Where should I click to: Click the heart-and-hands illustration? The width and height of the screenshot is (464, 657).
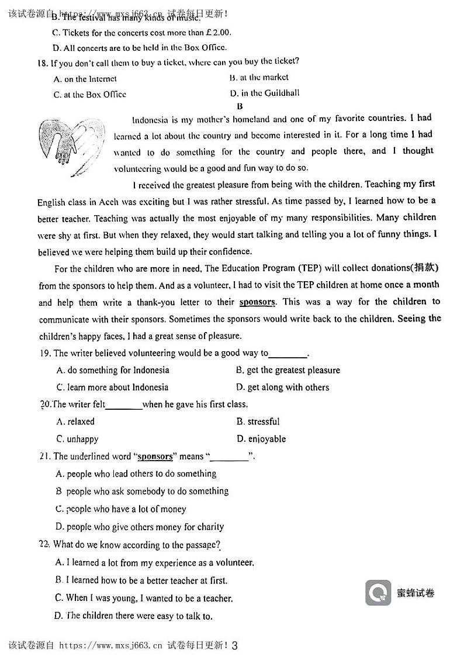tap(72, 146)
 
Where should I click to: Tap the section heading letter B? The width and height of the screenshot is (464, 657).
tap(240, 106)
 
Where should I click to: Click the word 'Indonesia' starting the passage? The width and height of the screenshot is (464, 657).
tap(151, 120)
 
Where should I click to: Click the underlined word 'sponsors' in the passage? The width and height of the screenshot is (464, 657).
tap(257, 302)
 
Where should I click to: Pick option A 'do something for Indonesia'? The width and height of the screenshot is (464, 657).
tap(113, 370)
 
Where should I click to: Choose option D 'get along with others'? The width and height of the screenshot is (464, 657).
tap(283, 387)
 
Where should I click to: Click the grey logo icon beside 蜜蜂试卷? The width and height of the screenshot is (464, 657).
tap(378, 593)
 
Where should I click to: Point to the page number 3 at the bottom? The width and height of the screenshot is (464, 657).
tap(235, 646)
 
